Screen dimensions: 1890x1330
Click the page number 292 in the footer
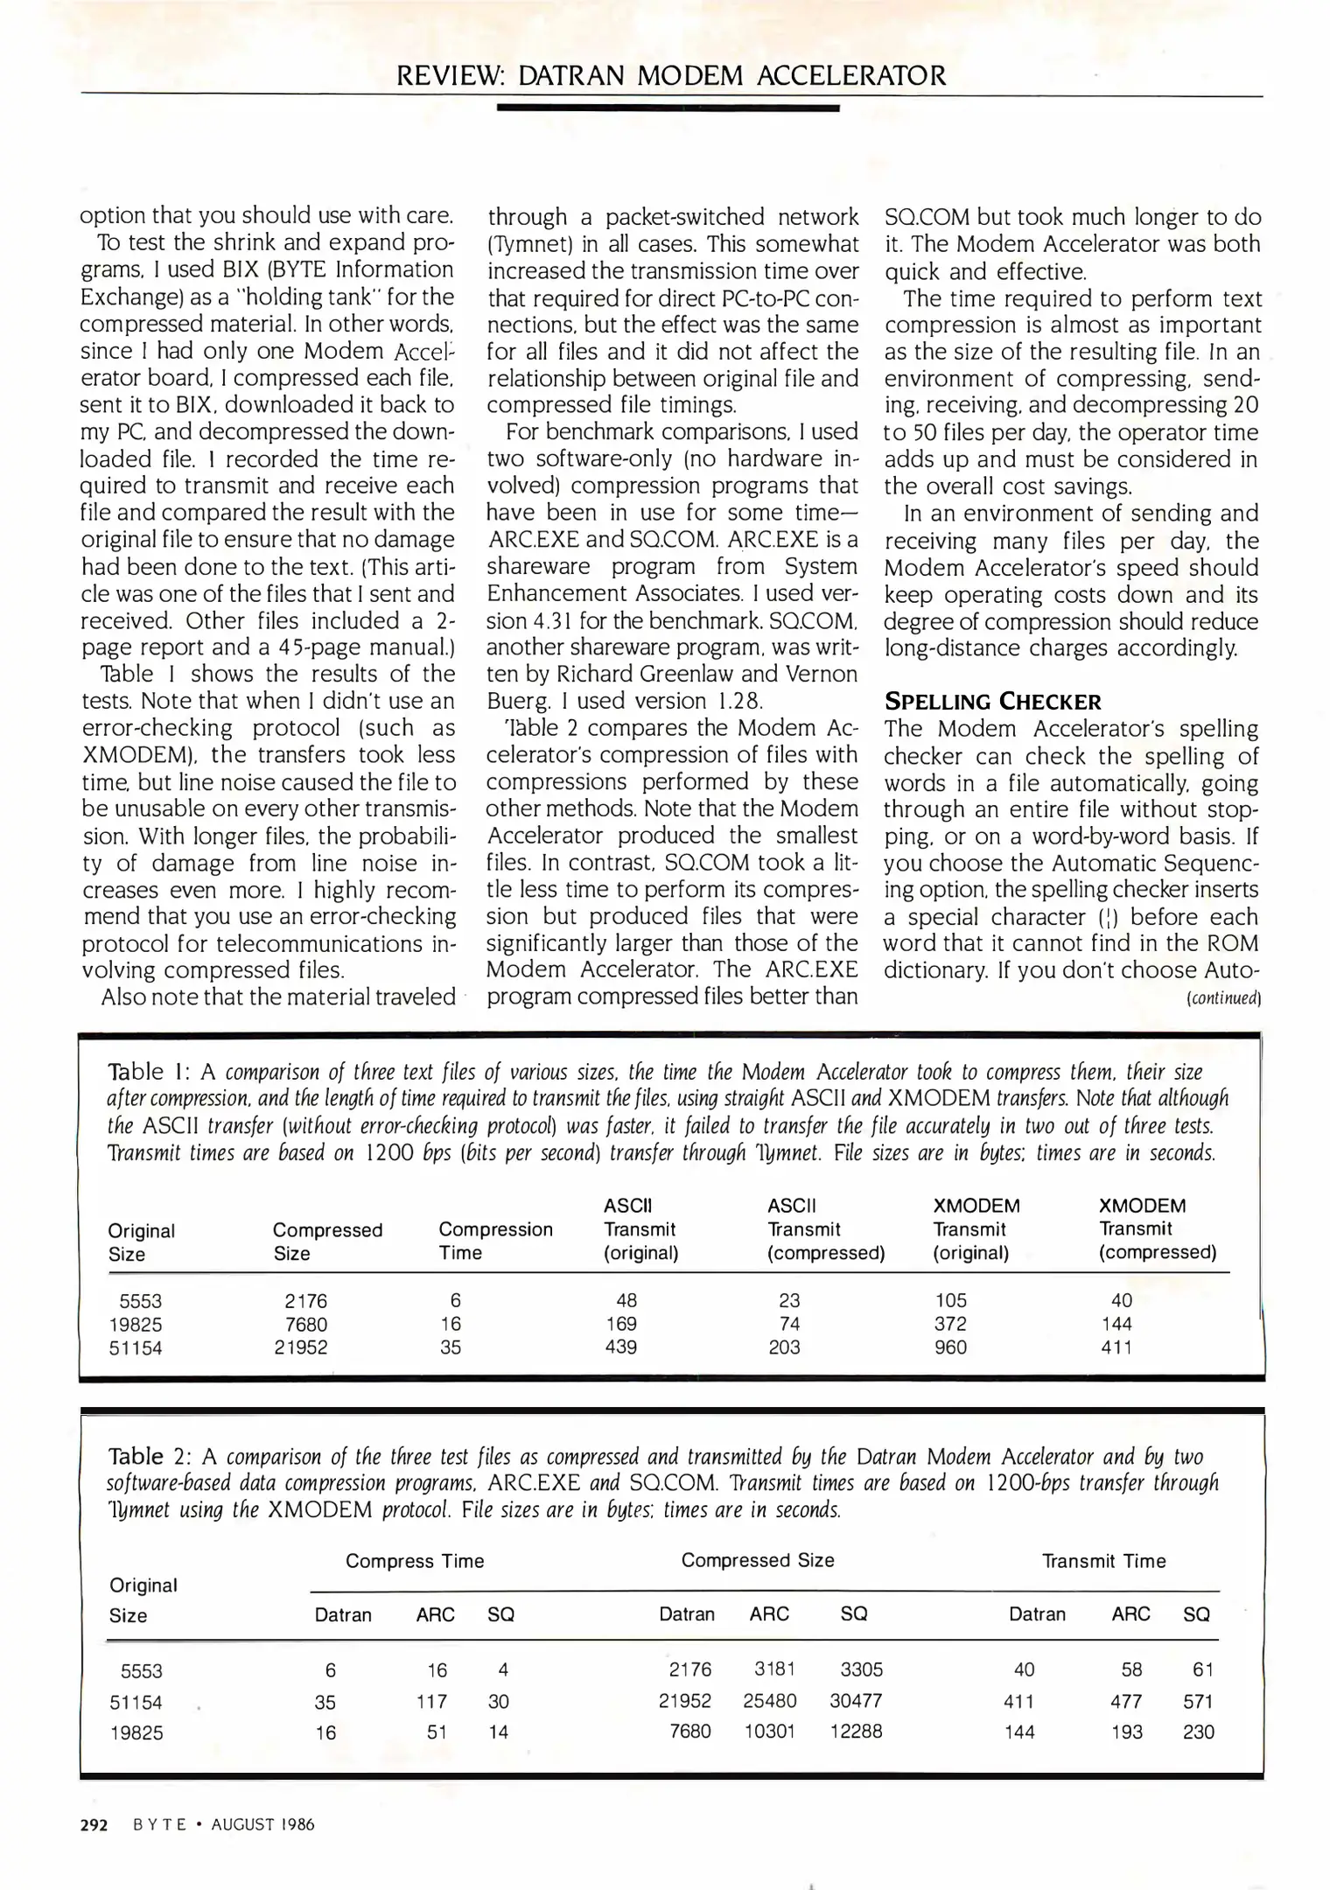pos(94,1824)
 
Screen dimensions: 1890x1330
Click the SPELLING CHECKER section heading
pos(992,702)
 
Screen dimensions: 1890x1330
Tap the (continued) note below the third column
pos(1222,998)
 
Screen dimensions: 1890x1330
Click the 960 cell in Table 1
pos(950,1347)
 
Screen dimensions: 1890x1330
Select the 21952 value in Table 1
pos(301,1347)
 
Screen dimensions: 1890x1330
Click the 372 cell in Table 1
pos(950,1324)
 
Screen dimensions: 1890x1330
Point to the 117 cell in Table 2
pos(431,1701)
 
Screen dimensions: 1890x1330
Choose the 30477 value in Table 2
pos(856,1700)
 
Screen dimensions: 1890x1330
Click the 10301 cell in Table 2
pos(769,1731)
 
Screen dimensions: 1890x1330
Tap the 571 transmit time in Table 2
pos(1198,1701)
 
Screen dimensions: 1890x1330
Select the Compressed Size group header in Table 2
pos(758,1560)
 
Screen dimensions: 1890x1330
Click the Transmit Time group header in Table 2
pos(1103,1561)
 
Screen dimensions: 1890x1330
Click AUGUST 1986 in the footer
pos(262,1824)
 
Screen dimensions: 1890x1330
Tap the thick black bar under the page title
pos(668,108)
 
